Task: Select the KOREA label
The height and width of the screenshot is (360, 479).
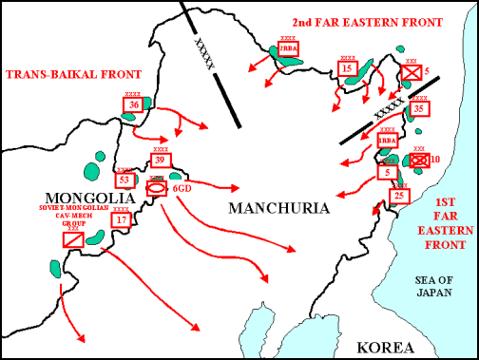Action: point(381,347)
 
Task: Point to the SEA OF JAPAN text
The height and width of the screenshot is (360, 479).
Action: point(437,286)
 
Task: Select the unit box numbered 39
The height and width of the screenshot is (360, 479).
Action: point(160,161)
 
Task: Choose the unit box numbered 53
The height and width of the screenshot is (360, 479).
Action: point(124,179)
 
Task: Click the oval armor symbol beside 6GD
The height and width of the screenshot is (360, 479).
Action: point(156,189)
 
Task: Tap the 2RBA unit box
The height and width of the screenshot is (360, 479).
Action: point(288,49)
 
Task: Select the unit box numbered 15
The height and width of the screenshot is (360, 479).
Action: point(348,68)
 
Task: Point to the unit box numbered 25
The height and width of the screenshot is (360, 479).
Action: point(400,196)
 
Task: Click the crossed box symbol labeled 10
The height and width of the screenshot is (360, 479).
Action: point(418,161)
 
